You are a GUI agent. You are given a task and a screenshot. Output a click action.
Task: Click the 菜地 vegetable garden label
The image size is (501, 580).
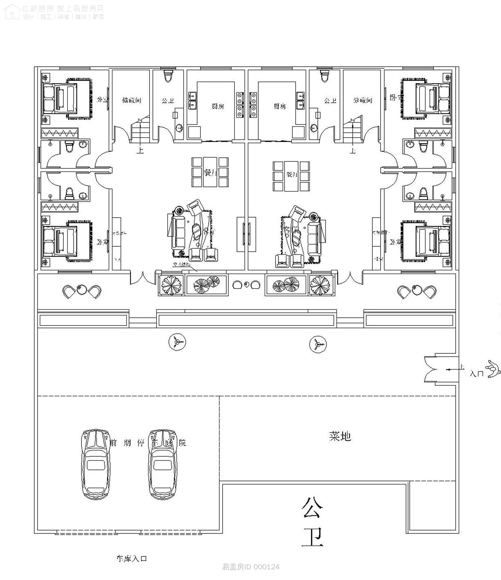tap(340, 436)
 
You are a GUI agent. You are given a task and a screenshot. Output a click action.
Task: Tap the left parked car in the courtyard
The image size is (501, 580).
tap(96, 464)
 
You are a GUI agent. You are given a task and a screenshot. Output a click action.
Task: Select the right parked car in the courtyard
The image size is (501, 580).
tap(163, 464)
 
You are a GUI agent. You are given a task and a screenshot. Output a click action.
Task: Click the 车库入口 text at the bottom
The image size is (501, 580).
tap(132, 558)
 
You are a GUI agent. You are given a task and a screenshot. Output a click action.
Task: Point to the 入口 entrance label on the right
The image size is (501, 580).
tap(477, 374)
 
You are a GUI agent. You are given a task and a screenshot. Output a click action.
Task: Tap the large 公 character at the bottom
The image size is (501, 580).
tap(312, 508)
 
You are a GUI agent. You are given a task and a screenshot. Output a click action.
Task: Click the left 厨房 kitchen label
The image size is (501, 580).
tap(218, 106)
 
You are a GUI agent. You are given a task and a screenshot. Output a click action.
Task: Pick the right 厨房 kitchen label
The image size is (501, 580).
tap(280, 106)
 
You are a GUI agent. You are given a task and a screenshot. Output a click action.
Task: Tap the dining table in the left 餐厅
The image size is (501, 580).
tap(210, 172)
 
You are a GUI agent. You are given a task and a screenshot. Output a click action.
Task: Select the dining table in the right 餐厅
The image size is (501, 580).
tap(291, 176)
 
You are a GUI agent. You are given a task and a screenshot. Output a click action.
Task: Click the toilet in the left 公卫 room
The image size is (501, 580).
tap(168, 75)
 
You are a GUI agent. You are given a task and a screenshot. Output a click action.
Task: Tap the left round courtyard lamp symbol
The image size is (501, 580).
tap(177, 342)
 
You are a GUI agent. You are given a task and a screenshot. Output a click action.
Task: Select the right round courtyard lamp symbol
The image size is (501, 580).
tap(318, 344)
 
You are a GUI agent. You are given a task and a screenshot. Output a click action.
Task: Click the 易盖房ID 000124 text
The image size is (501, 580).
tap(251, 567)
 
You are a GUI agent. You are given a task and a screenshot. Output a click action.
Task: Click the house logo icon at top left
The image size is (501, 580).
tap(12, 12)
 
